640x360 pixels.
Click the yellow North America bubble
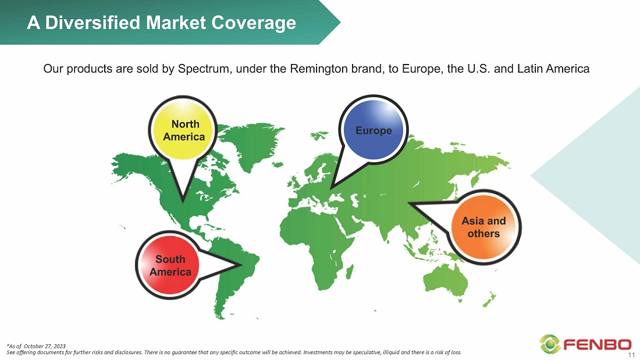[183, 130]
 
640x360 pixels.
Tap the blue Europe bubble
[373, 130]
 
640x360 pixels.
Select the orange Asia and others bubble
[484, 227]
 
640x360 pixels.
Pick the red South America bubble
[170, 265]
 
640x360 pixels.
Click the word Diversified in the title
[93, 23]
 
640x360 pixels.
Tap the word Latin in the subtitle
[529, 69]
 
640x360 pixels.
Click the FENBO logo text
[598, 345]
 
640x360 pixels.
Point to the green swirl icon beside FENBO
[550, 344]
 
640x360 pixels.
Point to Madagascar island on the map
[350, 272]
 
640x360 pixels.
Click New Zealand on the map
[489, 300]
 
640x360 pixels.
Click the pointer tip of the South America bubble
[241, 265]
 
